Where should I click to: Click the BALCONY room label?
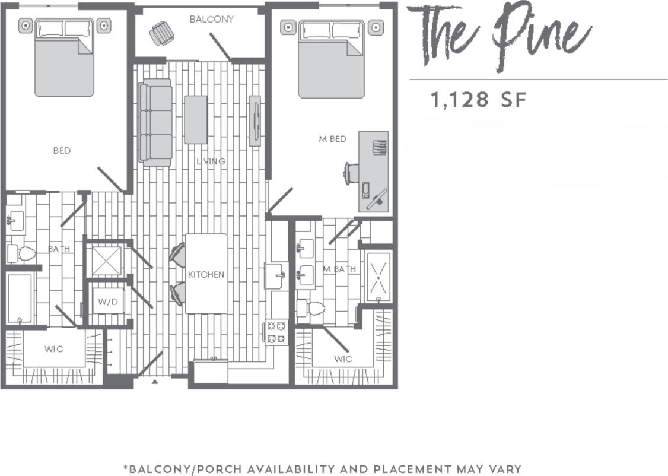tap(211, 19)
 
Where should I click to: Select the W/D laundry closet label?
tap(108, 302)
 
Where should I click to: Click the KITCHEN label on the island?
tap(206, 274)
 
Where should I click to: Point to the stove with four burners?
tap(275, 332)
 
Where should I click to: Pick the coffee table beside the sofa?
tap(195, 119)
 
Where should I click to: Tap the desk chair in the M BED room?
tap(351, 173)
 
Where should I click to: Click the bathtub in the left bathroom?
tap(20, 299)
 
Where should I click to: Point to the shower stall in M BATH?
tap(378, 275)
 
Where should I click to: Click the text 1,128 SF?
tap(478, 100)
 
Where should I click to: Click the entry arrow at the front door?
tap(155, 382)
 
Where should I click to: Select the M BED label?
tap(332, 139)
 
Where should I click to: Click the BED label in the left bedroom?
tap(62, 151)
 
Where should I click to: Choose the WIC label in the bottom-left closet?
tap(53, 348)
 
